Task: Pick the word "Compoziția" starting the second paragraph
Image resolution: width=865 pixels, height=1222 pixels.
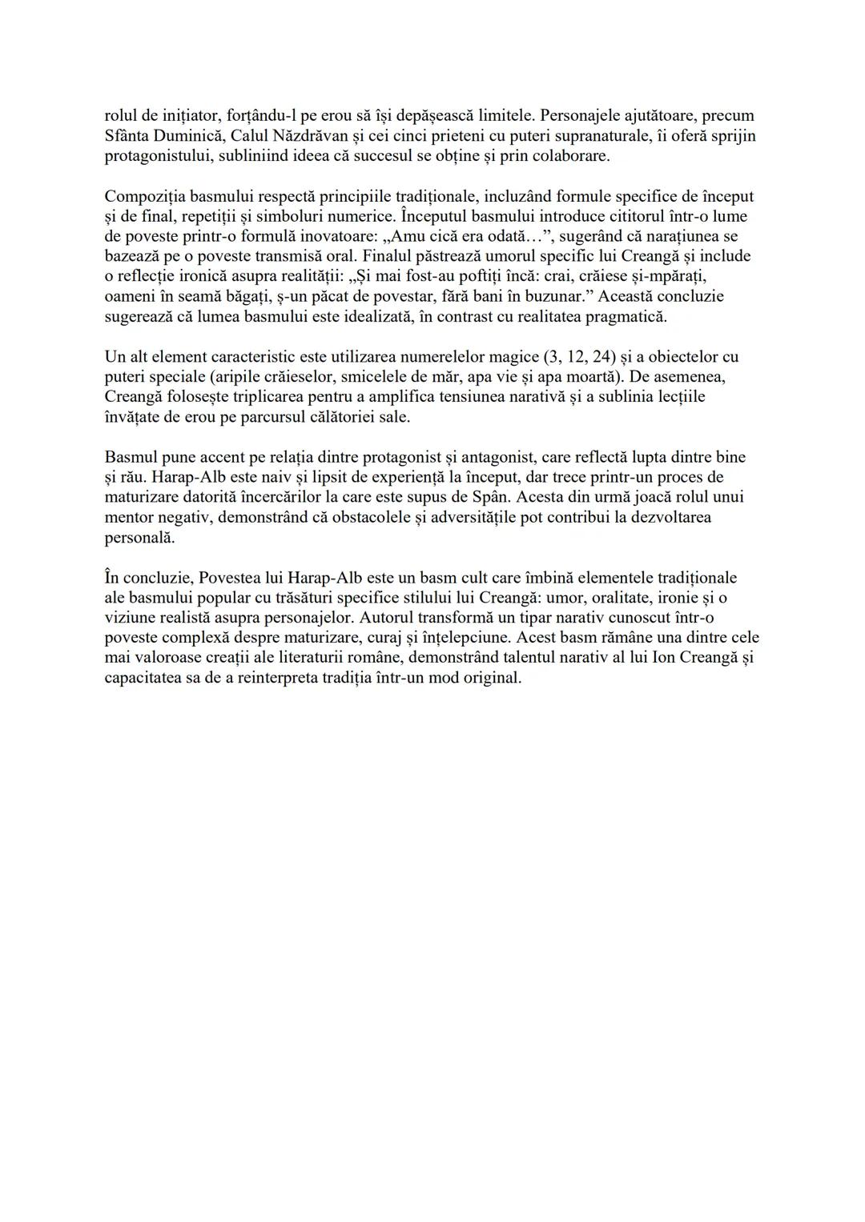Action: (143, 196)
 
